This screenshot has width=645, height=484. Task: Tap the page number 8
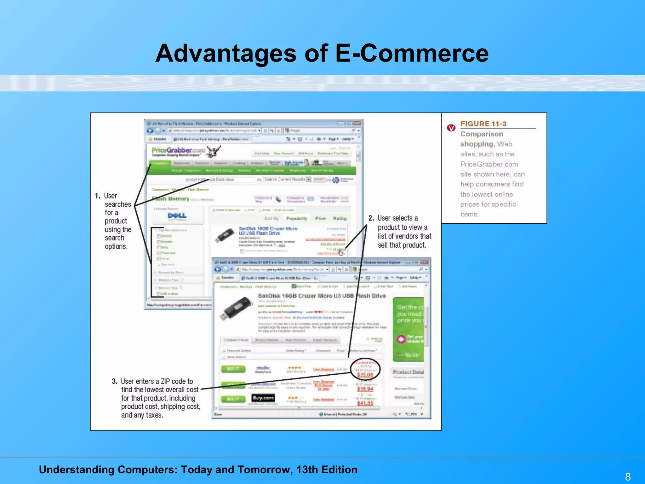pyautogui.click(x=628, y=476)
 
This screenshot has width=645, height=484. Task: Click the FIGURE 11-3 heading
pyautogui.click(x=483, y=124)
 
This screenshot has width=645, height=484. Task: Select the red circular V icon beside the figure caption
pyautogui.click(x=451, y=128)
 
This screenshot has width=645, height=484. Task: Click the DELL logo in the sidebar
pyautogui.click(x=177, y=216)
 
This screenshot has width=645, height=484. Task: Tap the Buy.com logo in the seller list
pyautogui.click(x=263, y=398)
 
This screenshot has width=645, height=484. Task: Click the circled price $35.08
pyautogui.click(x=365, y=375)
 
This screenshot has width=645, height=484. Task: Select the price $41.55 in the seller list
pyautogui.click(x=365, y=403)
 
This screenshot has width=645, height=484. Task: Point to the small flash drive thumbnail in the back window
pyautogui.click(x=224, y=235)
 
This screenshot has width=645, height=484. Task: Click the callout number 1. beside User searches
pyautogui.click(x=98, y=196)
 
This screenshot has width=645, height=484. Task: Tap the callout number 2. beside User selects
pyautogui.click(x=371, y=218)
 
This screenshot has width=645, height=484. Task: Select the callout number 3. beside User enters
pyautogui.click(x=115, y=381)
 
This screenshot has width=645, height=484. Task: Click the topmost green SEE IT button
pyautogui.click(x=233, y=369)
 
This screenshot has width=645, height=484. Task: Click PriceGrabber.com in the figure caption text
pyautogui.click(x=489, y=164)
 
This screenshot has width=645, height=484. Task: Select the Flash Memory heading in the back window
pyautogui.click(x=171, y=199)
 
